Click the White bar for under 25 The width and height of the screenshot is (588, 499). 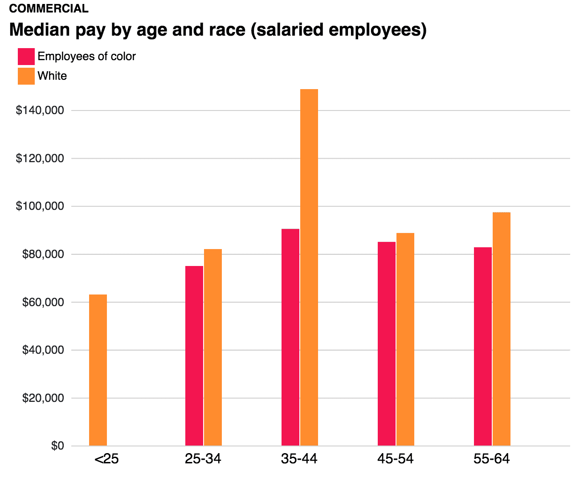(x=98, y=370)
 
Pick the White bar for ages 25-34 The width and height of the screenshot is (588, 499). (x=213, y=347)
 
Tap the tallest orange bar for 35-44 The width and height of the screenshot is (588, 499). (x=309, y=267)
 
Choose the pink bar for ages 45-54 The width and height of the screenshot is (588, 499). (x=387, y=344)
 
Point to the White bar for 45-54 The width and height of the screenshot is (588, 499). (x=405, y=339)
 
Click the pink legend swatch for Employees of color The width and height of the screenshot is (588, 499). (x=26, y=57)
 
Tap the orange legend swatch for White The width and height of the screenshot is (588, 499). (x=26, y=76)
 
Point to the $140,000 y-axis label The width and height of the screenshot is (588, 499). (x=40, y=110)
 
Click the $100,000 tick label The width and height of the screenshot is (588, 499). (x=40, y=206)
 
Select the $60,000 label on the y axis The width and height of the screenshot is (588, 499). (x=43, y=302)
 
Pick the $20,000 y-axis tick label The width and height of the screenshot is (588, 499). (x=43, y=398)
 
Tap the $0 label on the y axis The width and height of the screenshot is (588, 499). (x=57, y=446)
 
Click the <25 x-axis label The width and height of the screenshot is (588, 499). (x=106, y=459)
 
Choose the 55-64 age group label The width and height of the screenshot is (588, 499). (x=491, y=459)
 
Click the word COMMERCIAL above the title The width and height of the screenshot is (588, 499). (x=49, y=8)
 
